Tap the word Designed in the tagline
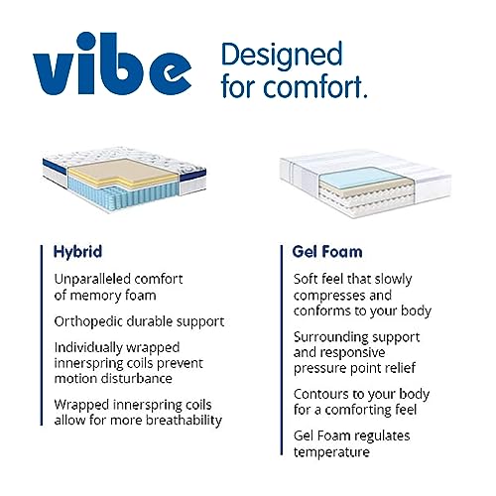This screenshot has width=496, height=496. tap(281, 54)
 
